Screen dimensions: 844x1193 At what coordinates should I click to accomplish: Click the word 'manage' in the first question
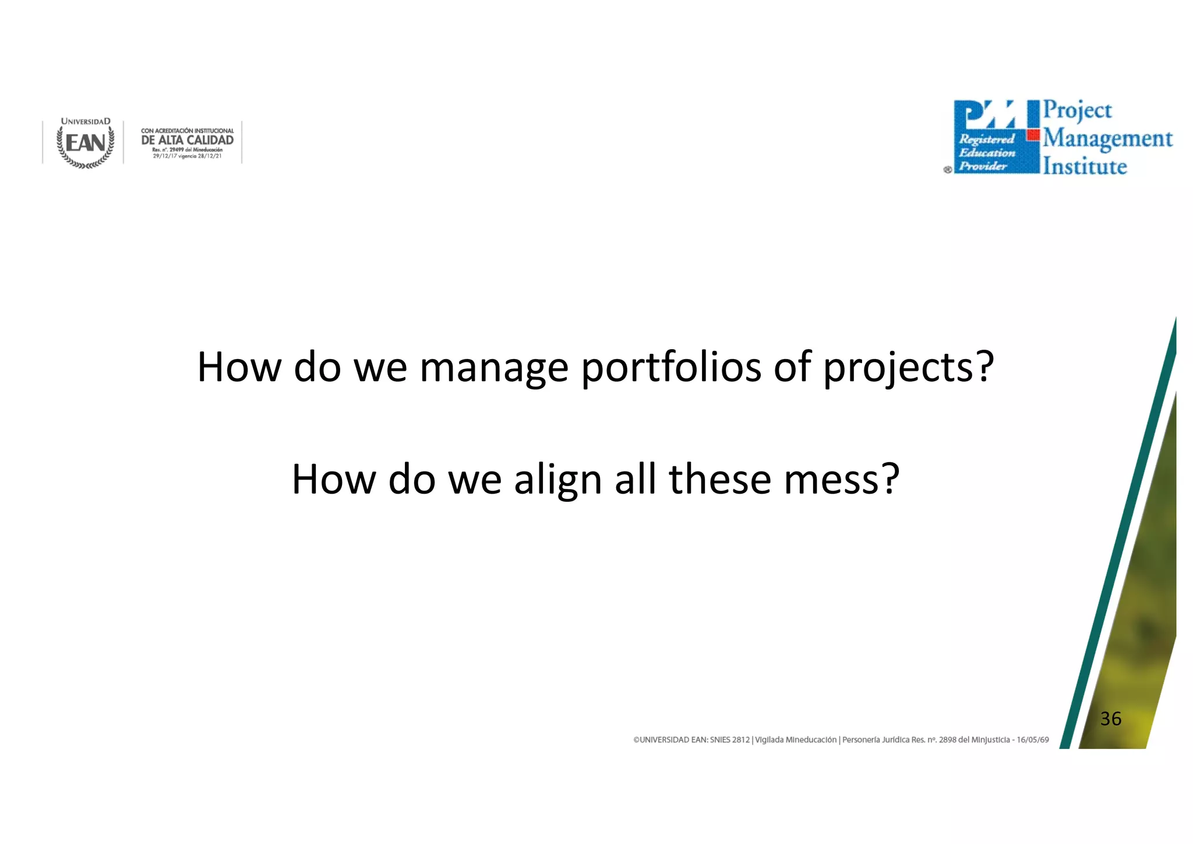[x=493, y=368]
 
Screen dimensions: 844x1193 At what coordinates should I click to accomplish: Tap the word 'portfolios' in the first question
[x=671, y=368]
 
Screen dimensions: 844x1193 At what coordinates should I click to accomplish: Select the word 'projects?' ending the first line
[x=908, y=368]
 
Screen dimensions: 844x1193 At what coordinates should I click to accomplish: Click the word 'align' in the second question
[x=557, y=480]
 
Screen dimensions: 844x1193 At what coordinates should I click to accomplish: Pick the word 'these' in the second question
[x=720, y=480]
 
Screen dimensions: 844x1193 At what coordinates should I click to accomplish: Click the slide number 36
[x=1110, y=719]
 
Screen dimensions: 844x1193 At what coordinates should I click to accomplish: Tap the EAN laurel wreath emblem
[x=86, y=145]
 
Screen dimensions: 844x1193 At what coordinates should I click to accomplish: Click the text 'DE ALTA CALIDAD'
[x=188, y=140]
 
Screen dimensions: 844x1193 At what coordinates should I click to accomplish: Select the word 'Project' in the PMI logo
[x=1077, y=111]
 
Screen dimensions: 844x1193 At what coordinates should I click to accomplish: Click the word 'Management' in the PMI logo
[x=1107, y=139]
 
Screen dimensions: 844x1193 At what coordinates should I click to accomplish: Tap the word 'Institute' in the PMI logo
[x=1085, y=167]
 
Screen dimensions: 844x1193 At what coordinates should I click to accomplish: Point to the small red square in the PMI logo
[x=1033, y=135]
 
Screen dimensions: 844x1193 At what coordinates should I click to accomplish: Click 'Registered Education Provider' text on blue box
[x=987, y=153]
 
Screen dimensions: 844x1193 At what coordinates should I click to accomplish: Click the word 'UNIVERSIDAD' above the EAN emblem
[x=86, y=122]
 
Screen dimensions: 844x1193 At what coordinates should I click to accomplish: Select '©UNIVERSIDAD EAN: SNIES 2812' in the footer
[x=691, y=740]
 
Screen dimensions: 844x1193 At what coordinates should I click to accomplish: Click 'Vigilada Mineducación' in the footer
[x=796, y=740]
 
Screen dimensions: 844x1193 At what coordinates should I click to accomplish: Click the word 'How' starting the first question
[x=239, y=368]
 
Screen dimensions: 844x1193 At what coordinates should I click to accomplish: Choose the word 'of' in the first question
[x=792, y=368]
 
